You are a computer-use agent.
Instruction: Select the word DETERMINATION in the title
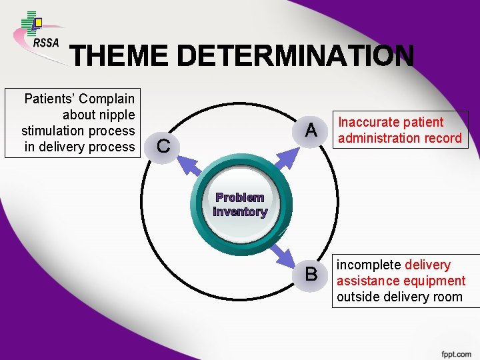coord(294,57)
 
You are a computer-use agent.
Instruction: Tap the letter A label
coord(310,130)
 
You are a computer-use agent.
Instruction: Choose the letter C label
coord(162,145)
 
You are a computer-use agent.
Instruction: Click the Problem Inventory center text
coord(240,205)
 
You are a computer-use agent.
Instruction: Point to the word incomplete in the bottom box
coord(369,265)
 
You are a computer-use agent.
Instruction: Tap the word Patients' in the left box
coord(50,99)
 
